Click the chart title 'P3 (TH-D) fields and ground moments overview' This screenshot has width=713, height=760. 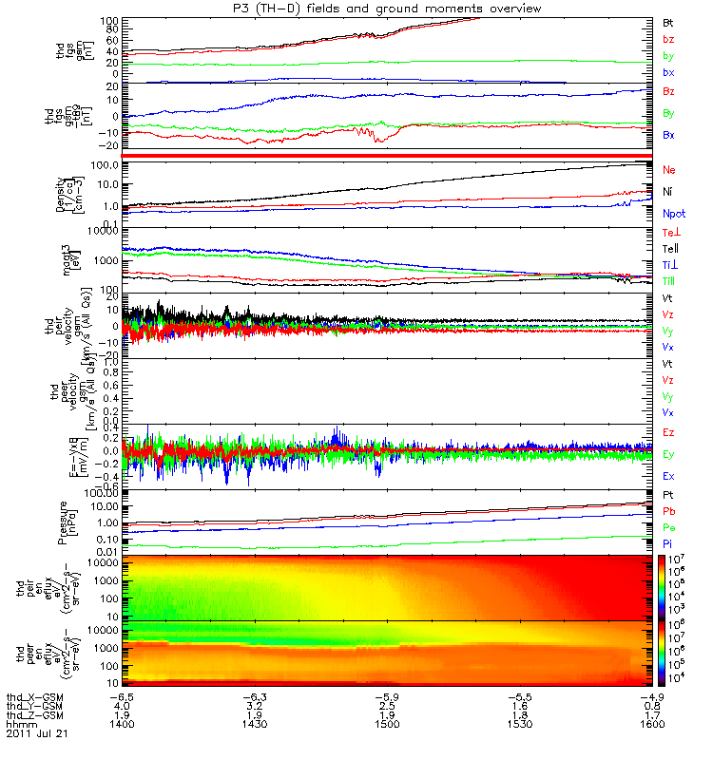click(x=387, y=9)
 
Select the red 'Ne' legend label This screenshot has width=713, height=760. click(x=668, y=169)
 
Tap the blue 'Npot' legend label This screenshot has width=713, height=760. click(x=672, y=215)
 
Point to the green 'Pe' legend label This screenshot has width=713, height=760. click(x=668, y=525)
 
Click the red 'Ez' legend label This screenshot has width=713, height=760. click(x=668, y=432)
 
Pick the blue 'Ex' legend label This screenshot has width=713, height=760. click(x=668, y=476)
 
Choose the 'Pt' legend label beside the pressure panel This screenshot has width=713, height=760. click(x=668, y=495)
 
